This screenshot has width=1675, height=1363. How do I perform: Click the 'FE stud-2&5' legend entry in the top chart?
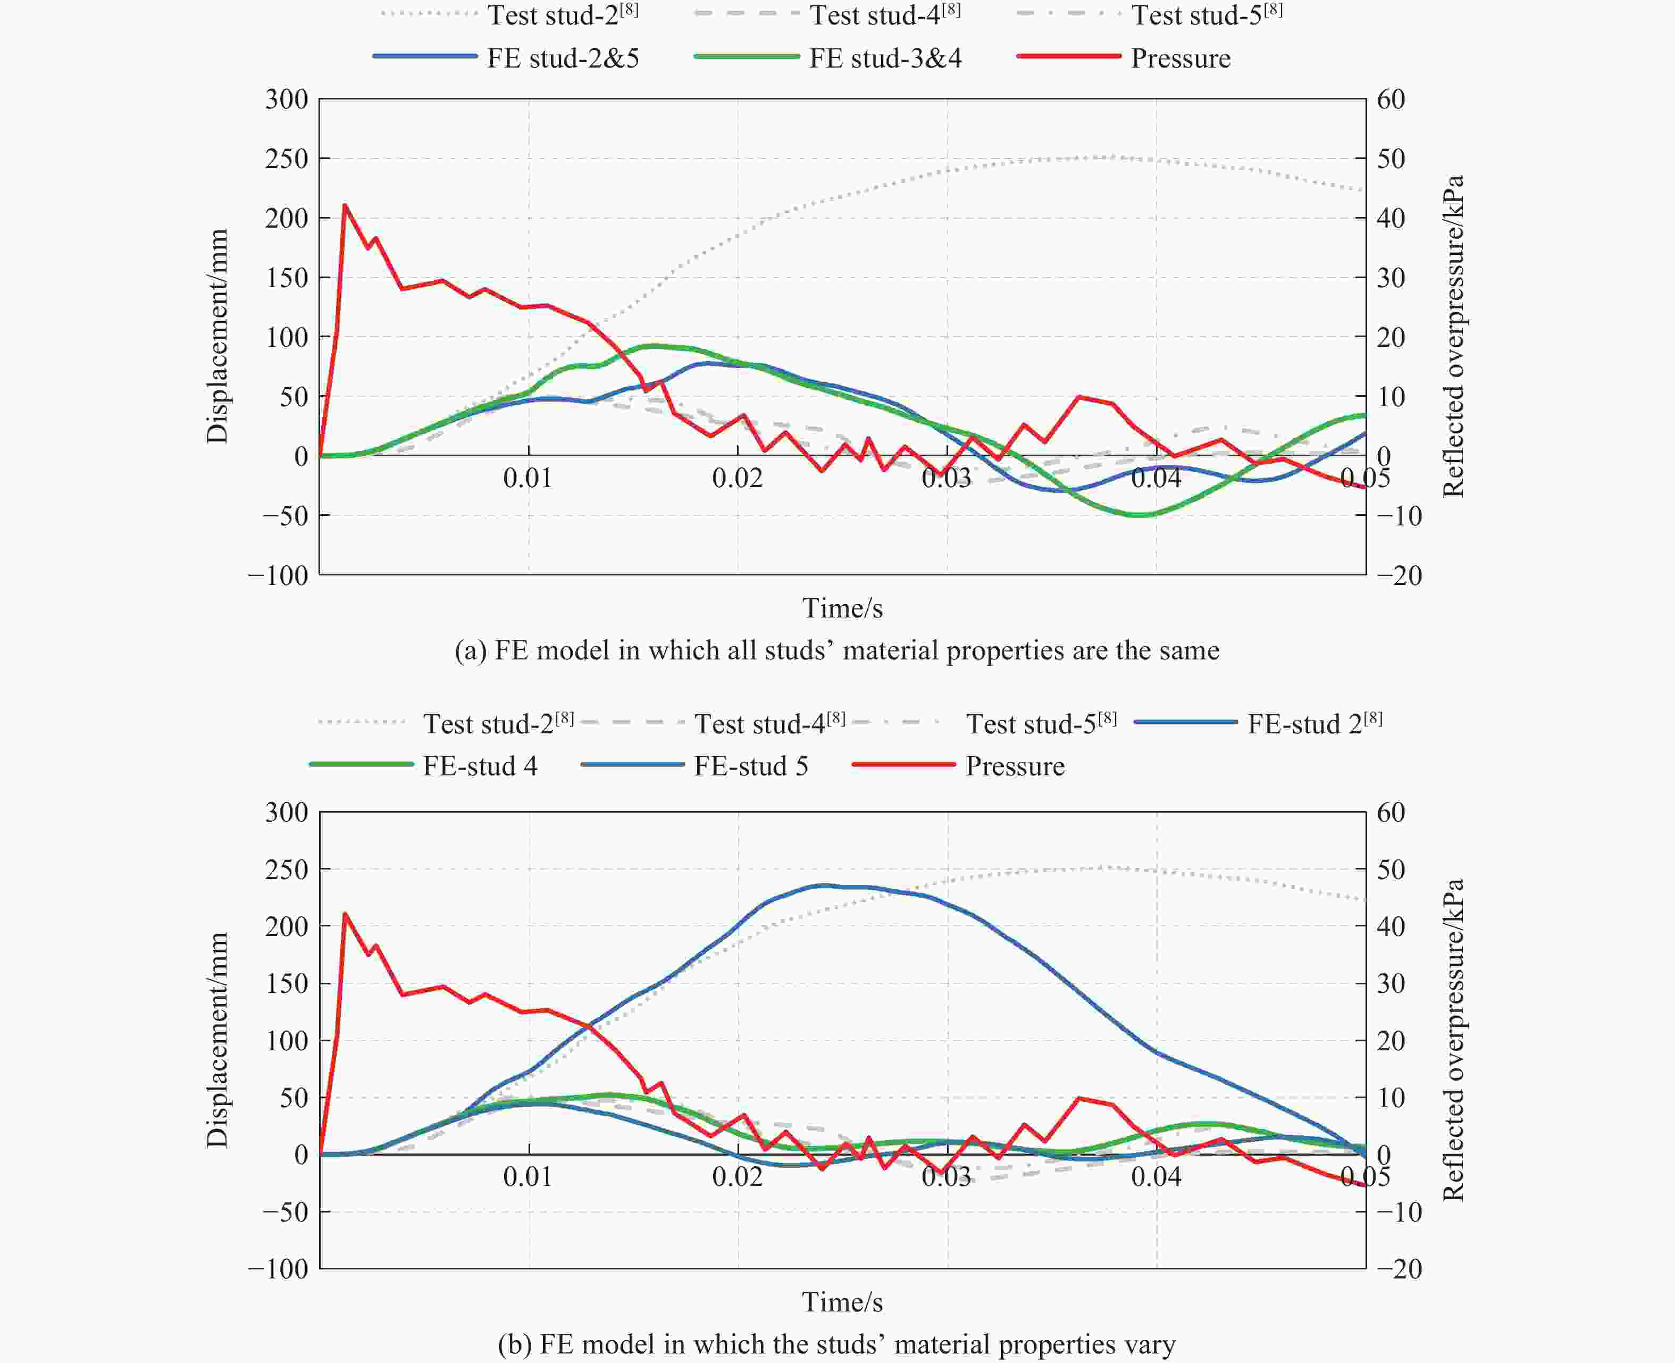[x=563, y=58]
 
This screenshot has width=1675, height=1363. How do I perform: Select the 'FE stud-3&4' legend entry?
[x=885, y=58]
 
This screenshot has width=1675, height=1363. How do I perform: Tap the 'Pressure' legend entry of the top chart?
[x=1180, y=58]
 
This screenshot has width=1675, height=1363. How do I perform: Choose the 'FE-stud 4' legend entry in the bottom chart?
[x=480, y=765]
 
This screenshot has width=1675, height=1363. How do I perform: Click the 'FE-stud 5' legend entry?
[x=750, y=765]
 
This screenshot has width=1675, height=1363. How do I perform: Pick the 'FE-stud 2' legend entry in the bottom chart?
[x=1314, y=723]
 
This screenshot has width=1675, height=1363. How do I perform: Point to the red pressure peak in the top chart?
[x=345, y=206]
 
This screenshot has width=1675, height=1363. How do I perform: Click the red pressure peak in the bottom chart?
[x=345, y=914]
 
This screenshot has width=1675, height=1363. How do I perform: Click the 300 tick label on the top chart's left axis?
[x=287, y=100]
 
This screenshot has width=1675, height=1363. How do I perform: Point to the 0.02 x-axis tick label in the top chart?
[x=737, y=478]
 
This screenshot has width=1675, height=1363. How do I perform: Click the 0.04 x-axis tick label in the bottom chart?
[x=1155, y=1176]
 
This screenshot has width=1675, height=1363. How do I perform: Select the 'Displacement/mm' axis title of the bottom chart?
[x=217, y=1040]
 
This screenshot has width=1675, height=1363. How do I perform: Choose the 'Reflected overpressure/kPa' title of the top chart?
[x=1454, y=336]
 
